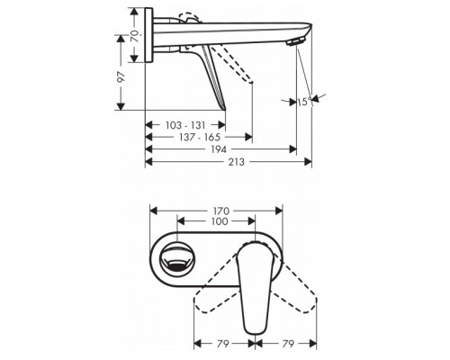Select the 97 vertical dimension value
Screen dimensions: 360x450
pyautogui.click(x=121, y=81)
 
